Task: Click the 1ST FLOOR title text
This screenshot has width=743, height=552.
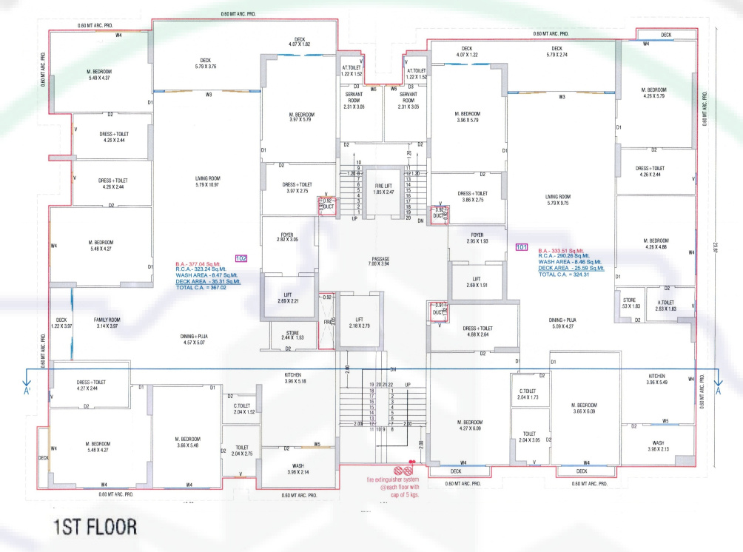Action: pyautogui.click(x=94, y=528)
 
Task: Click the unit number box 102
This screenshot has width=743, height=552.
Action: pyautogui.click(x=241, y=258)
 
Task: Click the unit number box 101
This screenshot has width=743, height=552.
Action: pyautogui.click(x=521, y=246)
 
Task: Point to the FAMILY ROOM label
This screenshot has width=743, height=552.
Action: pyautogui.click(x=107, y=323)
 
